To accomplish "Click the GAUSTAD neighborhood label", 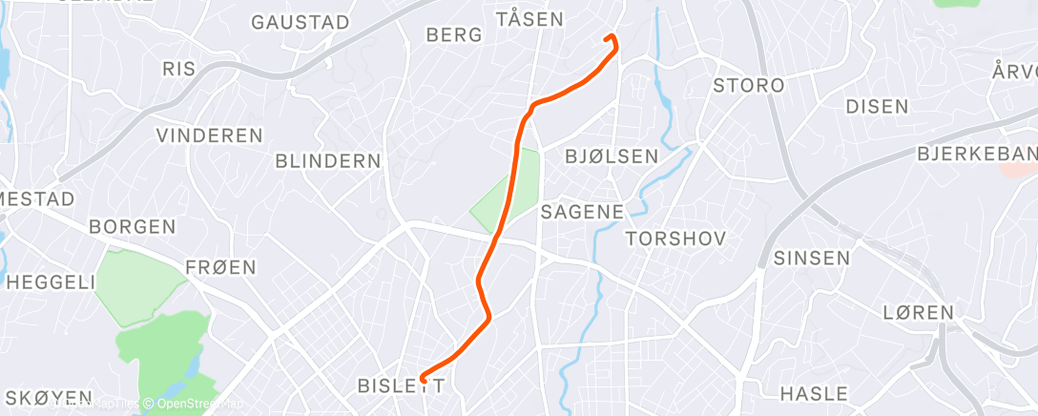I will coord(300,21).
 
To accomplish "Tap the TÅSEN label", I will coord(529,18).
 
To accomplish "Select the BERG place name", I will coord(453,35).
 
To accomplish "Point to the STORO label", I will coord(749,85).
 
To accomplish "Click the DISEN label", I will coord(877,106).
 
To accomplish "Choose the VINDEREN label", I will coord(209,135).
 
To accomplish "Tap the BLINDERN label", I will coord(327,161).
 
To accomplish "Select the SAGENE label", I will coord(582,212).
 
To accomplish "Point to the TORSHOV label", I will coord(675,238).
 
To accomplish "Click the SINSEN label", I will coord(811,258).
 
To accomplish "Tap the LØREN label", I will coord(918,312).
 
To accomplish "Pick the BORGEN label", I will coord(132,227).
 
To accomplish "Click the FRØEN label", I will coord(220,267).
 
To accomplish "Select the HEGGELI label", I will coord(51,281).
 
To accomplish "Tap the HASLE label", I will coord(813,393).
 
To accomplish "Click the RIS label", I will coord(178,69).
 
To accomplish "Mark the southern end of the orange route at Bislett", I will coord(422,380).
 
